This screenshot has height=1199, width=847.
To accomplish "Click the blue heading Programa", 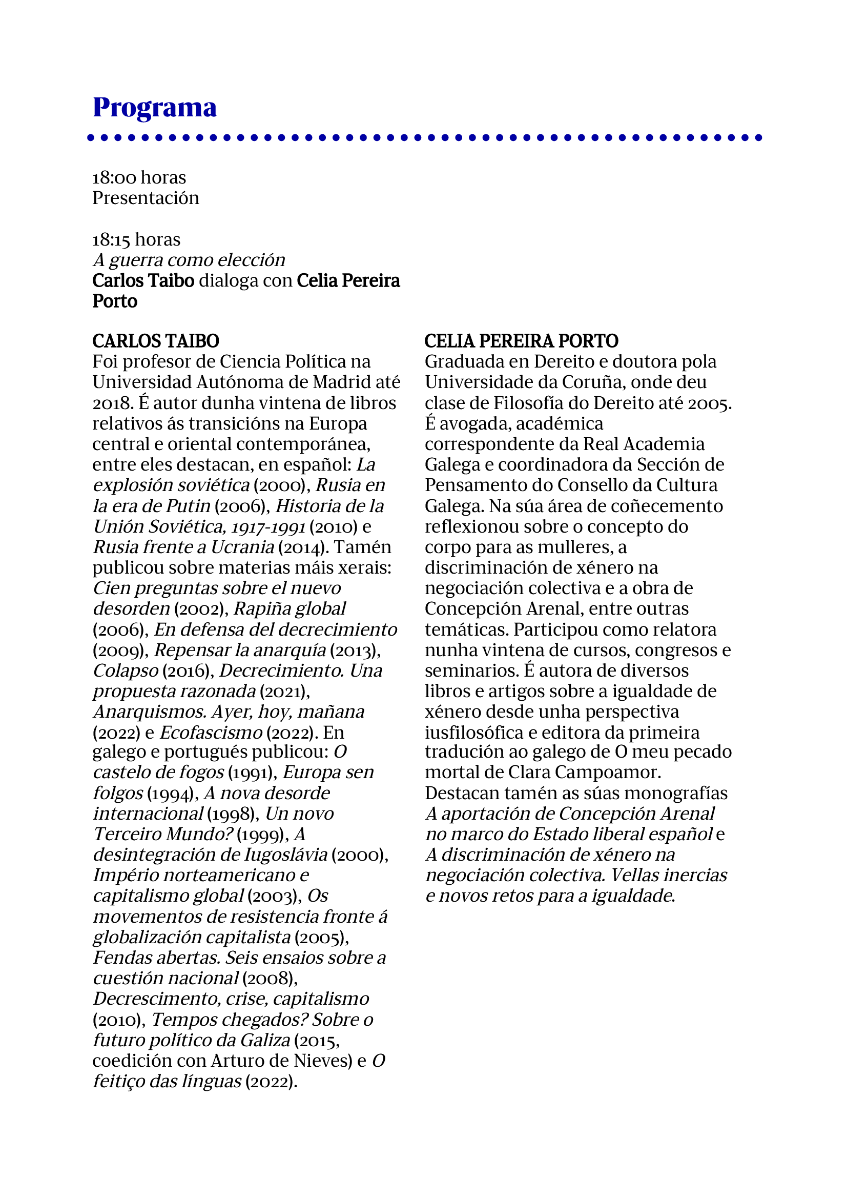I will click(154, 108).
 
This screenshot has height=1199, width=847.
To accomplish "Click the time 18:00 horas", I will click(139, 177).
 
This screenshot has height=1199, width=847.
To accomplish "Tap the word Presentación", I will click(146, 198).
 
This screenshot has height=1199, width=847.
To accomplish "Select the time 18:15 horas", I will click(136, 239).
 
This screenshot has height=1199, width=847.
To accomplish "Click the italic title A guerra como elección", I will click(189, 259).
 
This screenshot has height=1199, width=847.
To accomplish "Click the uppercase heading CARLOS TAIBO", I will click(156, 341).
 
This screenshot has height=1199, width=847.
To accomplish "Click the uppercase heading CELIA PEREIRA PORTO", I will click(521, 341).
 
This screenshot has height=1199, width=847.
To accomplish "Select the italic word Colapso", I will click(126, 670).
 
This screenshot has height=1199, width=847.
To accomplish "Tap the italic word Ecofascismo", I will click(211, 732).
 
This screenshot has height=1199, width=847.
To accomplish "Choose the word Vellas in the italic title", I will click(634, 875).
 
